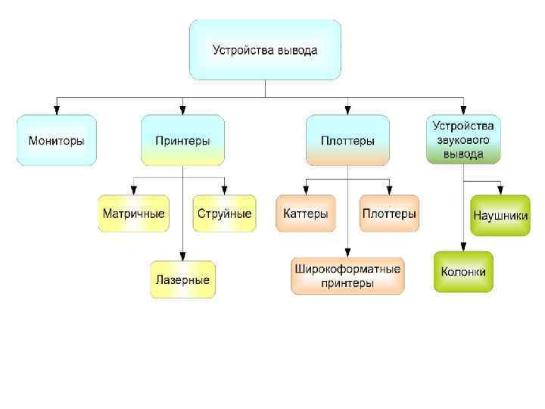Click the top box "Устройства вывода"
265,51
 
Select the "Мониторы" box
57,140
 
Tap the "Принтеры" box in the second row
182,140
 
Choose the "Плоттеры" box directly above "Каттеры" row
347,140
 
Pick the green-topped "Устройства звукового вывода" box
464,140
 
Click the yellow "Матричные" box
133,214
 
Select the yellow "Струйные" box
224,214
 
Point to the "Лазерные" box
182,279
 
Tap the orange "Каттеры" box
306,214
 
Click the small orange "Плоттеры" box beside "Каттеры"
389,214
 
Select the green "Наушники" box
500,215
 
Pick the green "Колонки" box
463,272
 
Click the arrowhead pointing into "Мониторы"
57,110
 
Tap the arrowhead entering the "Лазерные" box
182,257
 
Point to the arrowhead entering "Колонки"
463,247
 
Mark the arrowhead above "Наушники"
500,190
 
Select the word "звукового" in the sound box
464,140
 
